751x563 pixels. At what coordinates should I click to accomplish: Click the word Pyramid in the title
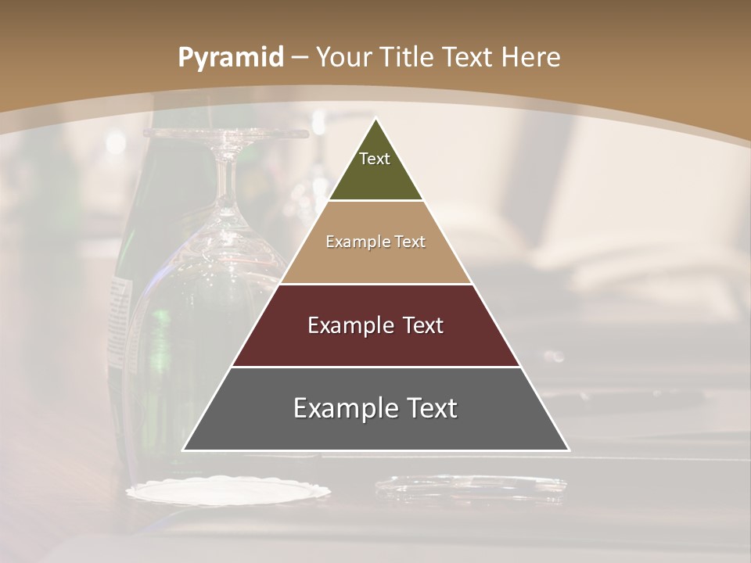point(230,58)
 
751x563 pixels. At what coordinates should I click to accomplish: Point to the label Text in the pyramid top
point(375,159)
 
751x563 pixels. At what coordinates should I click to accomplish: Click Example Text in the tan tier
point(375,242)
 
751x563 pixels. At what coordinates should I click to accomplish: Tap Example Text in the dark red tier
point(375,325)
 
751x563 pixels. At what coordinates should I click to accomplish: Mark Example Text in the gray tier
point(375,408)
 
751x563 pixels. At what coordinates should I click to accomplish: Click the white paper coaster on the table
point(228,491)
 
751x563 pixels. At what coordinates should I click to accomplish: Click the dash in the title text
point(299,58)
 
